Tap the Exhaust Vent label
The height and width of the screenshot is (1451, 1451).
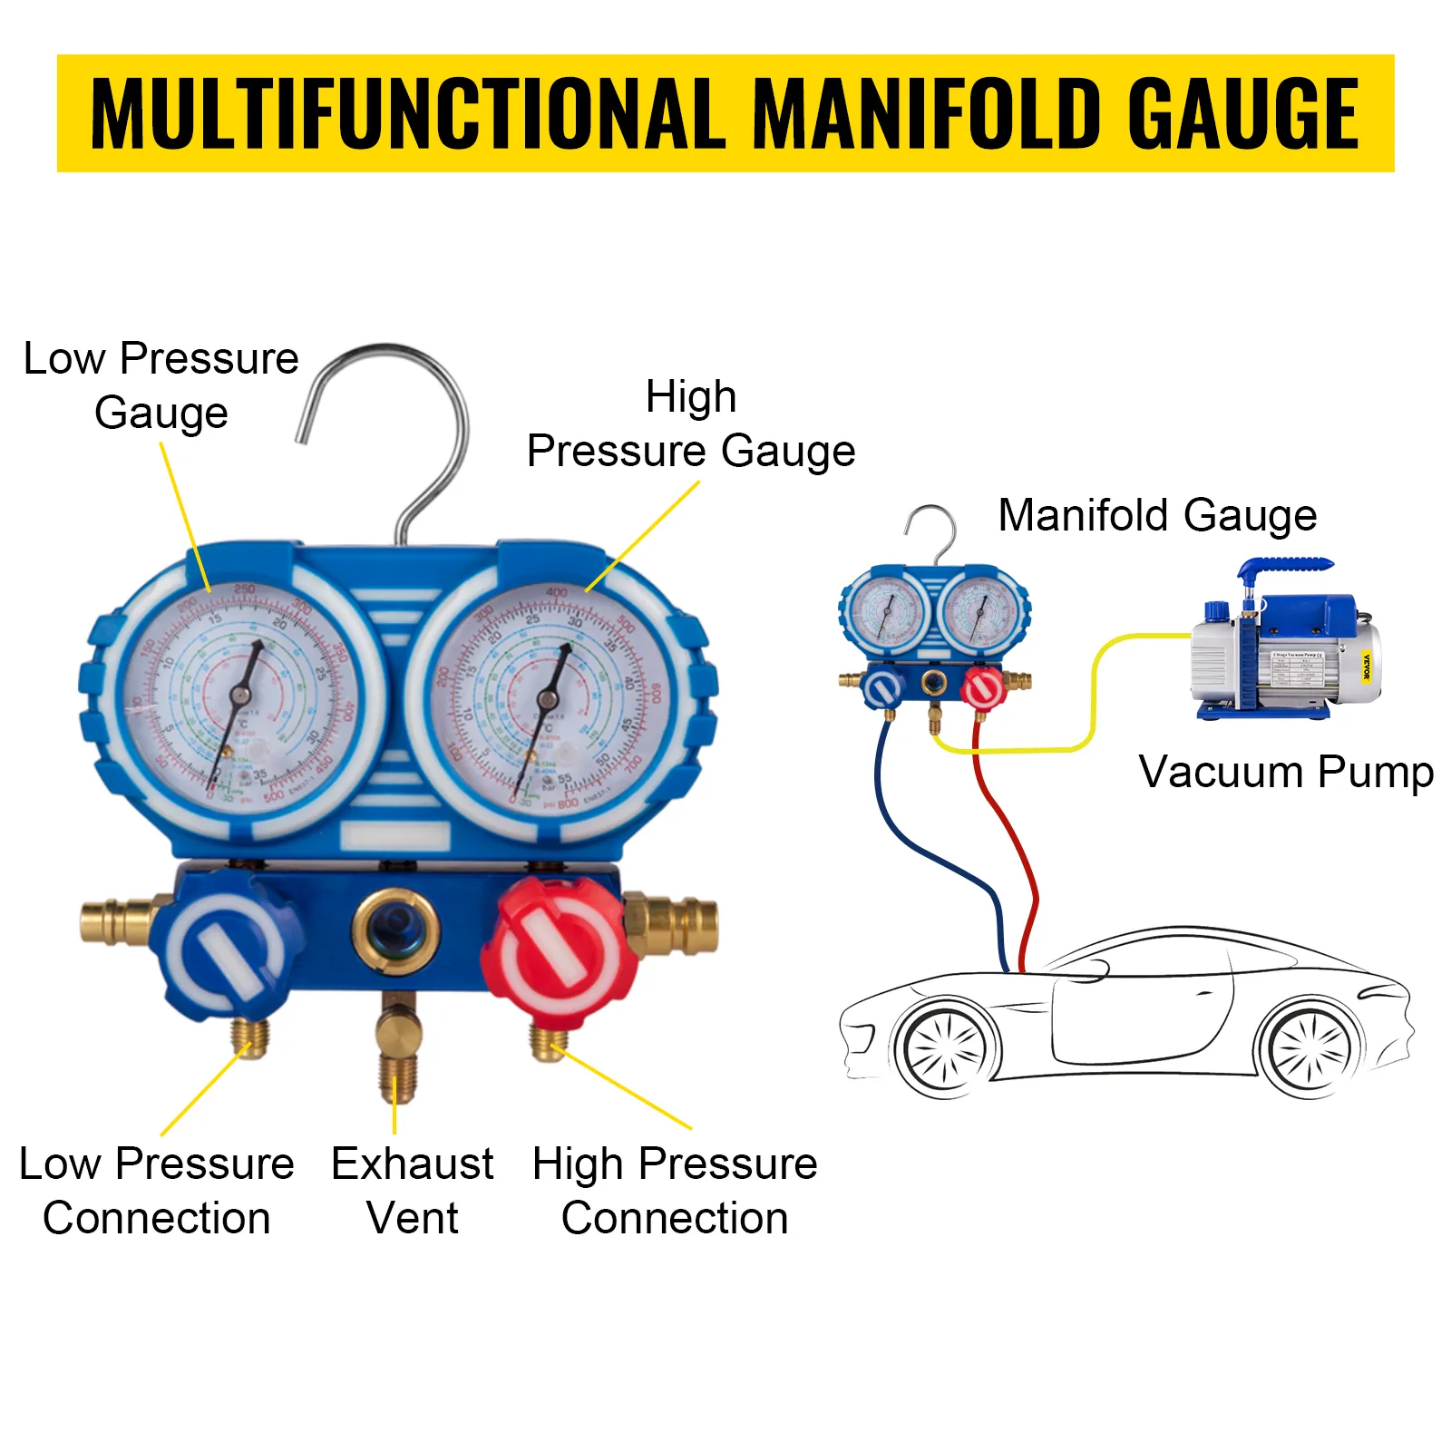pos(413,1190)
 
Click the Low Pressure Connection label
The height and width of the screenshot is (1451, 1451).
pos(156,1190)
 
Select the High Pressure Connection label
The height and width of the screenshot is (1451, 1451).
pos(675,1190)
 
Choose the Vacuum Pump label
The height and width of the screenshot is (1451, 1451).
pos(1286,773)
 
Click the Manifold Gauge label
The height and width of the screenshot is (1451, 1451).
pos(1157,515)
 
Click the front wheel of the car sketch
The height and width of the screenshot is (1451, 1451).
pos(945,1049)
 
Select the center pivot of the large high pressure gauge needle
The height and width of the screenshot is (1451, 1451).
pos(547,698)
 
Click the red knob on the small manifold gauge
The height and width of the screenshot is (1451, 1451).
pos(983,689)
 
